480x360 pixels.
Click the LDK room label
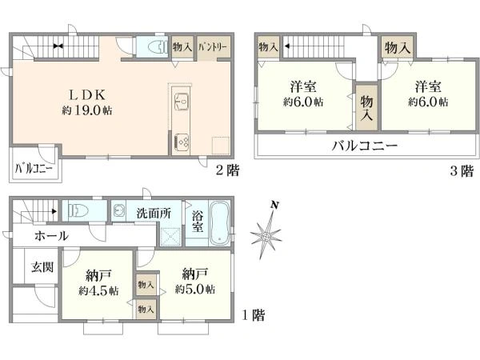click(87, 95)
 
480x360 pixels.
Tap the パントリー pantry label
click(213, 47)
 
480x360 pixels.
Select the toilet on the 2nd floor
click(158, 47)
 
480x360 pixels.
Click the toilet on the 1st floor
click(78, 210)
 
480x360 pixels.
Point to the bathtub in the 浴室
click(219, 223)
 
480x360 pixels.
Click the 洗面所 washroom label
click(154, 214)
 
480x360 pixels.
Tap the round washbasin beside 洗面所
click(118, 210)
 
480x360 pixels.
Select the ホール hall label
click(51, 236)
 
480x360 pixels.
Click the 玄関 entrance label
click(42, 267)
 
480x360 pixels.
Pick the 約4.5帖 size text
click(98, 290)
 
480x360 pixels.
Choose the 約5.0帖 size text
click(195, 289)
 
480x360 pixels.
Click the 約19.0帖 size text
click(87, 110)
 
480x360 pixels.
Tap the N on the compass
click(275, 205)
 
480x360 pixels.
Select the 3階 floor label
click(462, 170)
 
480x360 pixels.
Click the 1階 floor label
click(254, 315)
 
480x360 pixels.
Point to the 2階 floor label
click(227, 170)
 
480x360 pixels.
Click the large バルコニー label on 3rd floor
click(365, 146)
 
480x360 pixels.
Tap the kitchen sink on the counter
click(182, 102)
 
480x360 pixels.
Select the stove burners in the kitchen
click(182, 142)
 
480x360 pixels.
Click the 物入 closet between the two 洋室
click(366, 107)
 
